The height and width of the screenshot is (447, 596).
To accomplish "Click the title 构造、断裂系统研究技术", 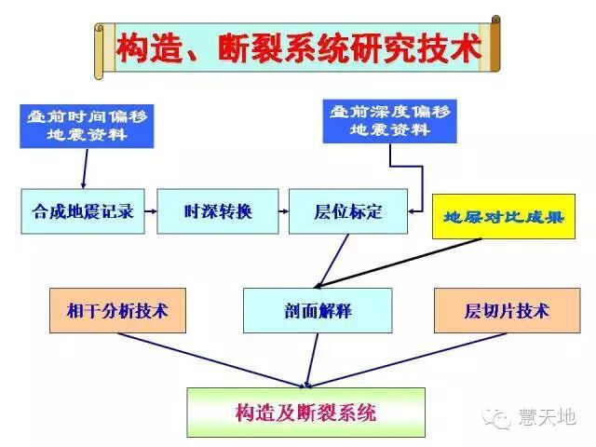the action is (x=298, y=49).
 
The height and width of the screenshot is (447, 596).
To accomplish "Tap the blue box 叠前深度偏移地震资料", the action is (x=388, y=120).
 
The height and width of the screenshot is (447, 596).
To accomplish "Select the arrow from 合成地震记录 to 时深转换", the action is (x=145, y=211).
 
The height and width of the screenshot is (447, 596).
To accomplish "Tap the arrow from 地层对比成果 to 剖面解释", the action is (x=400, y=263).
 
